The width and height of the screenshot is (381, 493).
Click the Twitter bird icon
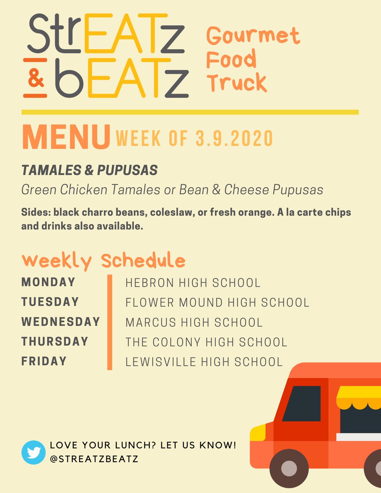[x=33, y=452]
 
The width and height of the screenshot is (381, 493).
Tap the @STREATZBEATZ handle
[x=94, y=459]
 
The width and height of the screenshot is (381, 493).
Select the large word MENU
[x=66, y=138]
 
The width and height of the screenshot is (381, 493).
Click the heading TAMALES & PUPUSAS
[x=89, y=171]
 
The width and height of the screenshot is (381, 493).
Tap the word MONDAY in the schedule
[x=48, y=282]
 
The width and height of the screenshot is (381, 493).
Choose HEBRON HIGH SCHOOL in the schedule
[x=193, y=283]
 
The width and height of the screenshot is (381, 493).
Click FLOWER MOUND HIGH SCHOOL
[x=217, y=303]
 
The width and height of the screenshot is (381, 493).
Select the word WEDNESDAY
[x=61, y=322]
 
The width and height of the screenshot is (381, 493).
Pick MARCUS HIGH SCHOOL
[x=194, y=323]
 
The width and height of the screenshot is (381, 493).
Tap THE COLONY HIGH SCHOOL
[x=206, y=342]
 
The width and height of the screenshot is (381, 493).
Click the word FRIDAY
[x=44, y=361]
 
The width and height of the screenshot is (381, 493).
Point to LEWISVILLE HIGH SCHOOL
[x=204, y=362]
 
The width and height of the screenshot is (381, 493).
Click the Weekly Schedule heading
[x=104, y=261]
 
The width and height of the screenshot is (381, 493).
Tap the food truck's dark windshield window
[x=302, y=403]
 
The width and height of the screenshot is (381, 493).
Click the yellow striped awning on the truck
[x=359, y=396]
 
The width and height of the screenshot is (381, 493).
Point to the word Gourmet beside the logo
[x=253, y=36]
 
